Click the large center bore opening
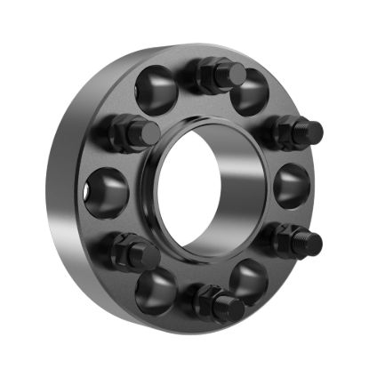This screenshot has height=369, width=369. coord(206,184)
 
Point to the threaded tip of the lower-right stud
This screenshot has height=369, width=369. coord(313,240)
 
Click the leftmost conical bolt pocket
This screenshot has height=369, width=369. coord(108,189)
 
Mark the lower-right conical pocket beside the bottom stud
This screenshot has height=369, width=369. coord(250,283)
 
